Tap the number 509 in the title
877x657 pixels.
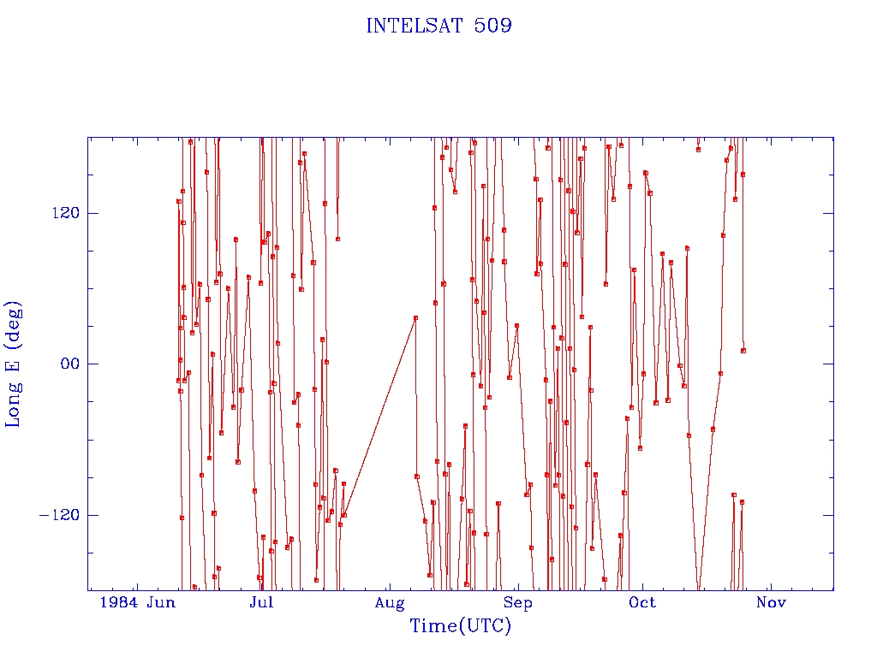click(x=492, y=26)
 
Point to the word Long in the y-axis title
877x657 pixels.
click(x=13, y=404)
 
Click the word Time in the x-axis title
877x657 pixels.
click(x=433, y=625)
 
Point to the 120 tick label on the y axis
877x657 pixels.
click(x=66, y=213)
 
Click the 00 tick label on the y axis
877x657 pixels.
click(x=71, y=364)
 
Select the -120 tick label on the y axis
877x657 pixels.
click(x=59, y=514)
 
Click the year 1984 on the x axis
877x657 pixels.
click(x=119, y=602)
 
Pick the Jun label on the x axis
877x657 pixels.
click(x=162, y=602)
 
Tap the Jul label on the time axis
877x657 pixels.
click(x=261, y=602)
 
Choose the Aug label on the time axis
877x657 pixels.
click(x=390, y=603)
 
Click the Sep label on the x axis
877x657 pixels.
click(x=518, y=603)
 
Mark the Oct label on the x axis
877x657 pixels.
click(x=642, y=602)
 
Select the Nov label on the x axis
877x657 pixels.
click(x=772, y=602)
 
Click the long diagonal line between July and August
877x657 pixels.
click(x=379, y=417)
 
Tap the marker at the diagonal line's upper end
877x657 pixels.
click(x=415, y=318)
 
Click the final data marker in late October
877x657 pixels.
click(x=743, y=351)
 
